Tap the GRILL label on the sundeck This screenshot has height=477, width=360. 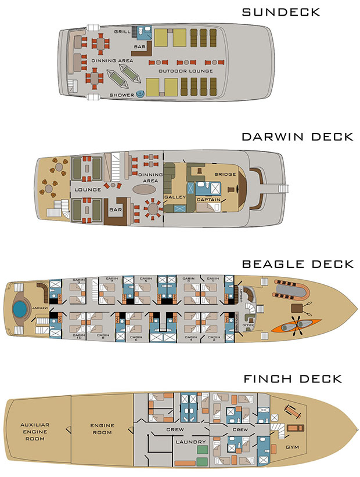pos(122,31)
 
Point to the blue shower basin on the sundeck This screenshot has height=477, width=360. pos(140,95)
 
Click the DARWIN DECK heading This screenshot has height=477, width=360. pos(297,137)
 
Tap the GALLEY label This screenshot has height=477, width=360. pos(174,197)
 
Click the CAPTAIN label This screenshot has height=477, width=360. pos(207,200)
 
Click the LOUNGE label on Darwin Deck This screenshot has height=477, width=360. pos(88,189)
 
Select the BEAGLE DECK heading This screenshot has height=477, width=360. pos(298,264)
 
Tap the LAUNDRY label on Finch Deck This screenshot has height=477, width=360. pos(190,442)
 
